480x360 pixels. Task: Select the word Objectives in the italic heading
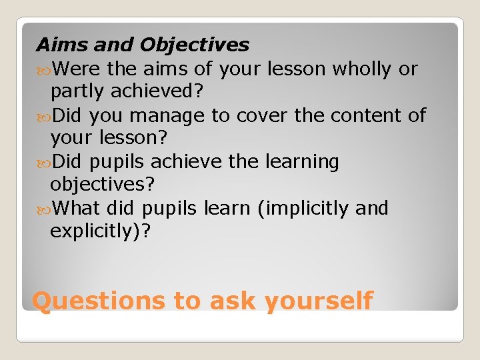click(195, 45)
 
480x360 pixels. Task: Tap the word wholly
click(365, 68)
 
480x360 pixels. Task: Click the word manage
click(167, 115)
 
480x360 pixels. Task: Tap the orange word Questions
click(99, 301)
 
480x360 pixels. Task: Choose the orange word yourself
click(318, 301)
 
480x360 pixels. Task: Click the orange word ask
click(233, 301)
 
